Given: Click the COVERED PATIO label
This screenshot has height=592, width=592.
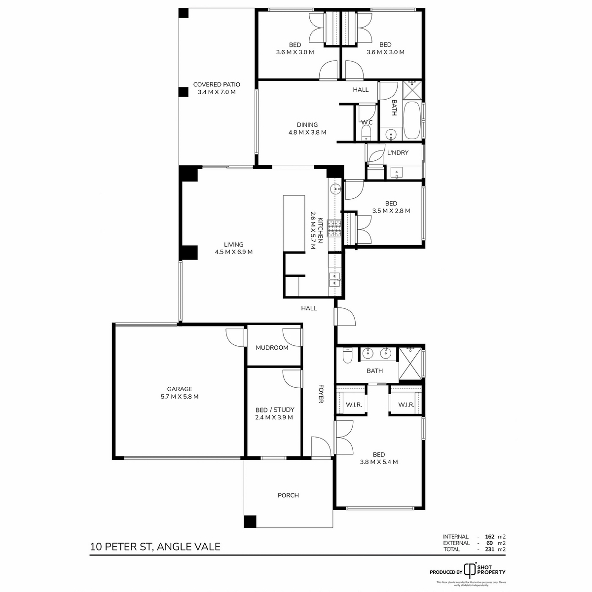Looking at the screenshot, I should pos(217,88).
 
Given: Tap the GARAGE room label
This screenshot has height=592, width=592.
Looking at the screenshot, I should pos(179,393).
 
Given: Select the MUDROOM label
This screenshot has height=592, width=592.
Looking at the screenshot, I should pos(272,348).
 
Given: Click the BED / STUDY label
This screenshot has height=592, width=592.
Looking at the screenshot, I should pos(274,413).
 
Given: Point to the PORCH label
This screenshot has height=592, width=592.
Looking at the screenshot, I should pos(288,495).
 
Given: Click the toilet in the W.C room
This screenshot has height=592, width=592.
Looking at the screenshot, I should pos(366,132).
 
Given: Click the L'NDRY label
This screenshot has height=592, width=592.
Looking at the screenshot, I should pos(398,153).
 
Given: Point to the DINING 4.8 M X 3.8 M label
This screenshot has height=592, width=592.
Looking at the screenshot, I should pos(307,129).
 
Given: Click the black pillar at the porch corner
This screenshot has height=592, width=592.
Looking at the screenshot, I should pos(251,521).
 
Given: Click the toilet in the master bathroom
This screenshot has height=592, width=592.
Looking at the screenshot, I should pos(347,355).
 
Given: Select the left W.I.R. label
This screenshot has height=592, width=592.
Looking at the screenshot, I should pos(354,405).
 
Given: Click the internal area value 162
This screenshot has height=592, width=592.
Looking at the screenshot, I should pos(489,537).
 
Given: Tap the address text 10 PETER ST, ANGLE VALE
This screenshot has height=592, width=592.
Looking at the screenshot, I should pos(155,547).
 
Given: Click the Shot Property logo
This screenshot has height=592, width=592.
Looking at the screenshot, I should pos(471,570).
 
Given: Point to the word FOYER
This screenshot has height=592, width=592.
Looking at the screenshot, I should pos(321,394).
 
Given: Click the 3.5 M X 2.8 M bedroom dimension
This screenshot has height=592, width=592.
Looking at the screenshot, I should pos(391,211).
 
